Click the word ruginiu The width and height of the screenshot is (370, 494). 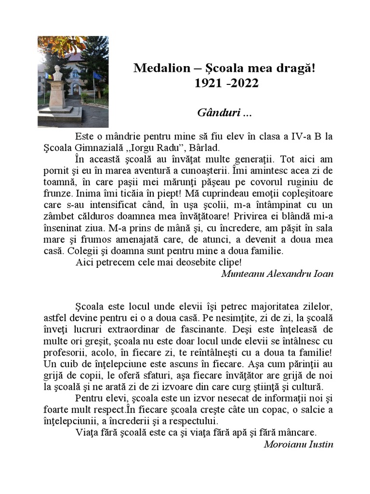point(303,181)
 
